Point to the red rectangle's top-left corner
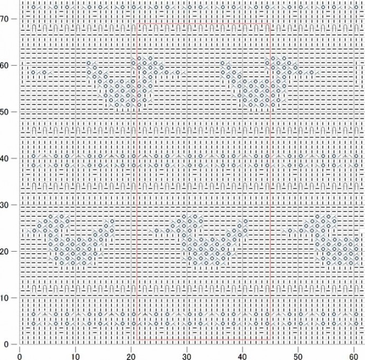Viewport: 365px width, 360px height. point(136,23)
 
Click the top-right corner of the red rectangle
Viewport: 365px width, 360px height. point(270,23)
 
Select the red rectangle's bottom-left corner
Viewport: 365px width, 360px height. point(136,339)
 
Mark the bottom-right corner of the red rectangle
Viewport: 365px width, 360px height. point(270,339)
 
